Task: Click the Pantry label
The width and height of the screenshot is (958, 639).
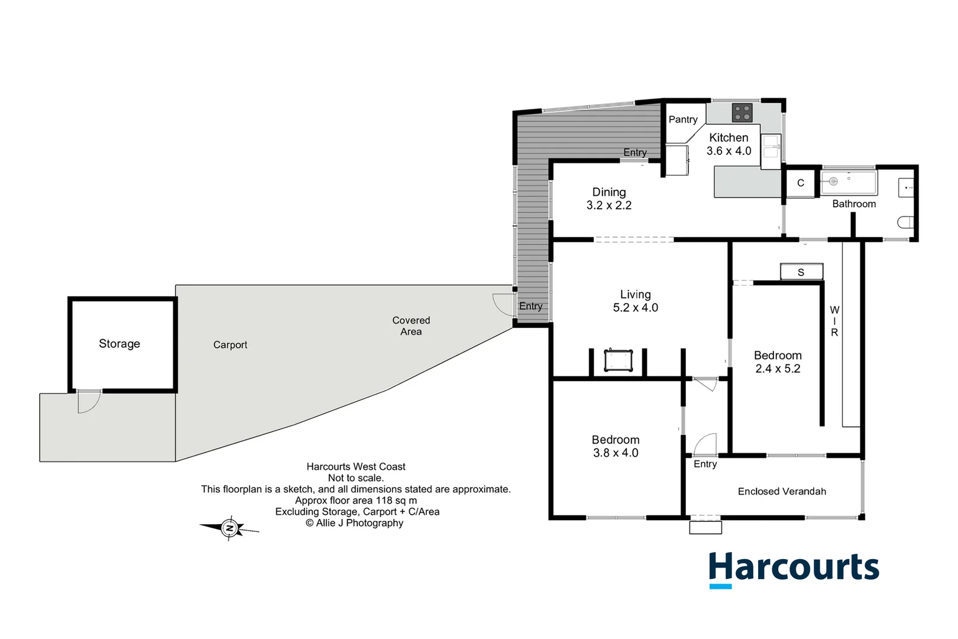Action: (x=683, y=120)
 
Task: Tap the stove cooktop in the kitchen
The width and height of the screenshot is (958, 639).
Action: (x=742, y=112)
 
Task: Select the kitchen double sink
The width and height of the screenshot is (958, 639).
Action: (x=771, y=147)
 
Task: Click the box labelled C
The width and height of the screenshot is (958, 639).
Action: (x=801, y=183)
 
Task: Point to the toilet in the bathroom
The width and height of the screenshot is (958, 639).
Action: (x=905, y=222)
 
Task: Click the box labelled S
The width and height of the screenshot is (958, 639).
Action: (x=801, y=272)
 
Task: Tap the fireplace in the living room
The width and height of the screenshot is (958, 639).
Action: (x=619, y=360)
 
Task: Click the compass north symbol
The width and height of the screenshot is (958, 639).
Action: (x=229, y=528)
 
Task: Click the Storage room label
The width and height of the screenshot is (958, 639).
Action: (x=119, y=344)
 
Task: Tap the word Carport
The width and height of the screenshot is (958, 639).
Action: (x=230, y=345)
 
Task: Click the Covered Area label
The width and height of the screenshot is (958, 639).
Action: (x=411, y=326)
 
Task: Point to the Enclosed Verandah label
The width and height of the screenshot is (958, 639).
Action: (x=782, y=492)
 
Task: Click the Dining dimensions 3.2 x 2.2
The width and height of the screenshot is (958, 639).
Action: (x=609, y=206)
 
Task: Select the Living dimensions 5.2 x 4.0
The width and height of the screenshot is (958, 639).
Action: (x=636, y=308)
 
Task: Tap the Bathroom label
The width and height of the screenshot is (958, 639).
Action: (x=854, y=204)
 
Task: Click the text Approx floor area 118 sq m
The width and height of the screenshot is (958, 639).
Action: (x=356, y=501)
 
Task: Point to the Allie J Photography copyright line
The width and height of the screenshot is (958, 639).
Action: (x=355, y=523)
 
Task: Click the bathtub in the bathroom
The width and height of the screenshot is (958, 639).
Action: (x=849, y=183)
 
